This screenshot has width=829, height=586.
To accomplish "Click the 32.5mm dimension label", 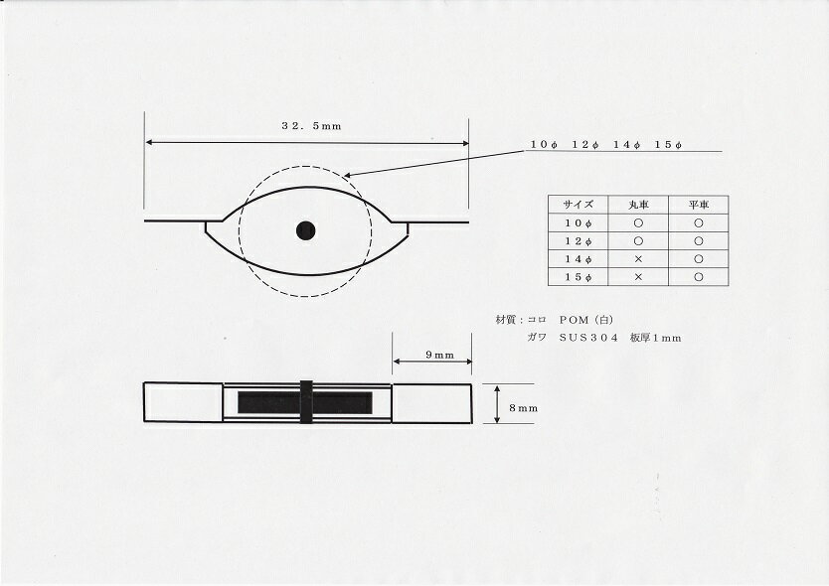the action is [311, 126].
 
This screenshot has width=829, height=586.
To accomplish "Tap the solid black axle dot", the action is [305, 230].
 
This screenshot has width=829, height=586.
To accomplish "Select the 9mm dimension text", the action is [440, 356].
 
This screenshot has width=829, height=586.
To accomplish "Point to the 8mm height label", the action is [523, 408].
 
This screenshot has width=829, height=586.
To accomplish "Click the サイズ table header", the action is [578, 205].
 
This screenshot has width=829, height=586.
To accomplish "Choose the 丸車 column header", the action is [638, 205].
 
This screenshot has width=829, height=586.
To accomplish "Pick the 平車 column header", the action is [699, 205].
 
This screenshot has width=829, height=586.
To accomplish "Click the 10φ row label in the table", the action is [578, 223].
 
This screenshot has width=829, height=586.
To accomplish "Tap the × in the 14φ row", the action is [638, 259].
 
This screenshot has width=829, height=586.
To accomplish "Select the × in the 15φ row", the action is [638, 277].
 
